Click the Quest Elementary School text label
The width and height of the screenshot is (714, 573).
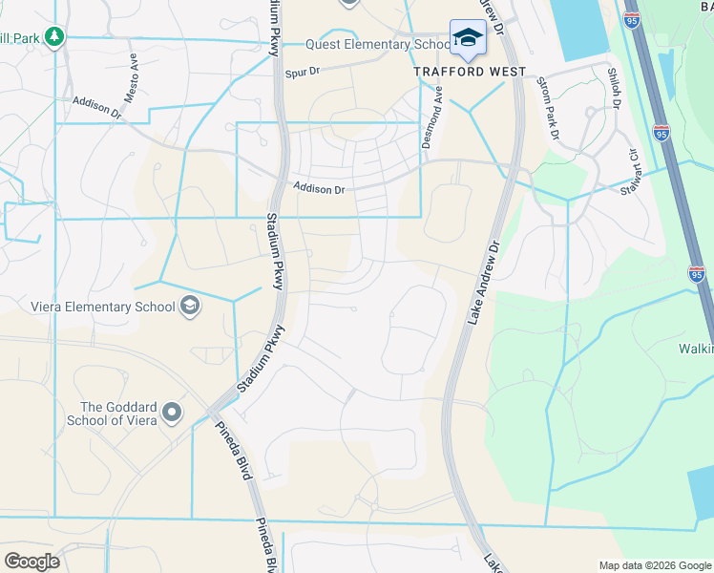(378, 45)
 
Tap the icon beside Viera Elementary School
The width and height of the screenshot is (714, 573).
(190, 306)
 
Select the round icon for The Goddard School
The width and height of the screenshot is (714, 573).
(172, 413)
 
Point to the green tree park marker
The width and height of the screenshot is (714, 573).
(56, 36)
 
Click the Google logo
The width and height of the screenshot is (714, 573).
(31, 561)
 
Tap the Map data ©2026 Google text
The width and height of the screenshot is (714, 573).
(654, 565)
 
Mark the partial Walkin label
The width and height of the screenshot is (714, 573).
(695, 350)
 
